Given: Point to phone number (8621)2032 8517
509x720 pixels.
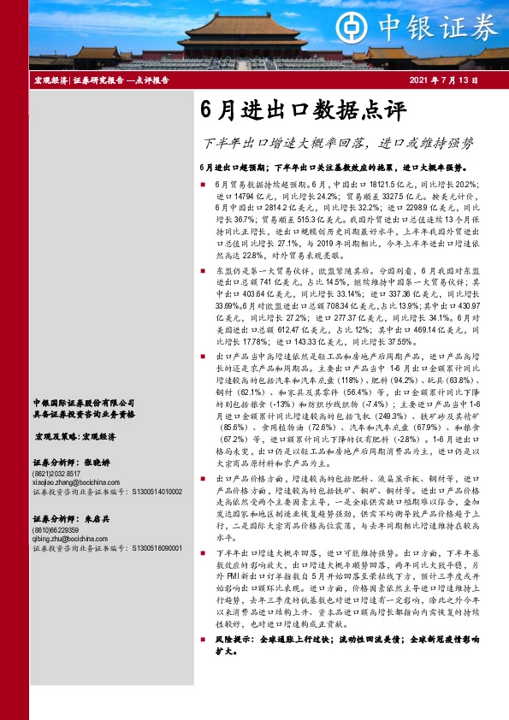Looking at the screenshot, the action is point(58,473).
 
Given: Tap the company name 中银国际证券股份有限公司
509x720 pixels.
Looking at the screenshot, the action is point(83,403).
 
